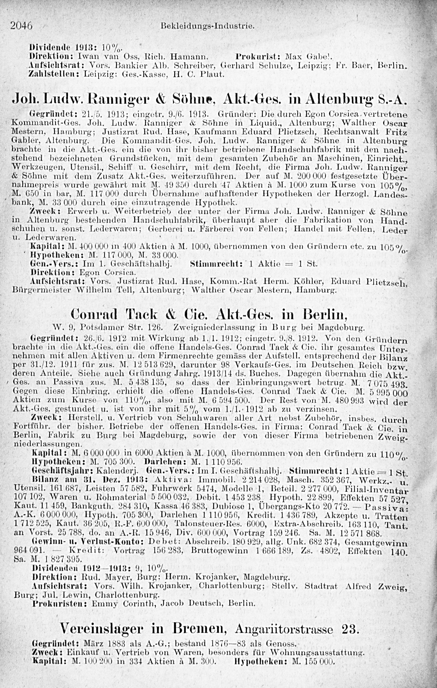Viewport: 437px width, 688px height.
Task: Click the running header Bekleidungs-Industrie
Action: tap(207, 26)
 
